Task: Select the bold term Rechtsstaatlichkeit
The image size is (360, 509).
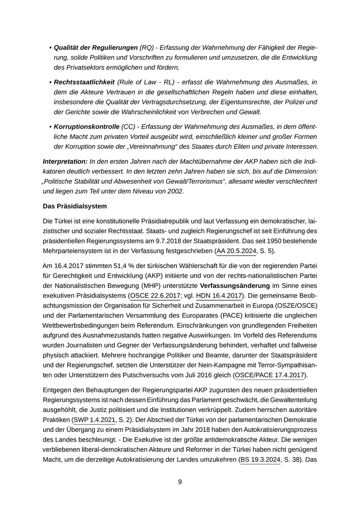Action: click(x=84, y=82)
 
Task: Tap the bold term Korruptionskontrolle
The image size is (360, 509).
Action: click(x=86, y=126)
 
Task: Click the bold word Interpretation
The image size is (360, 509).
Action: click(x=65, y=161)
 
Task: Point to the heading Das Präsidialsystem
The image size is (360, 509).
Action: click(x=75, y=206)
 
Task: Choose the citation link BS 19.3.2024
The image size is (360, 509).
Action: click(x=260, y=459)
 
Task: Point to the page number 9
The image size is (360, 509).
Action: click(x=180, y=482)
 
